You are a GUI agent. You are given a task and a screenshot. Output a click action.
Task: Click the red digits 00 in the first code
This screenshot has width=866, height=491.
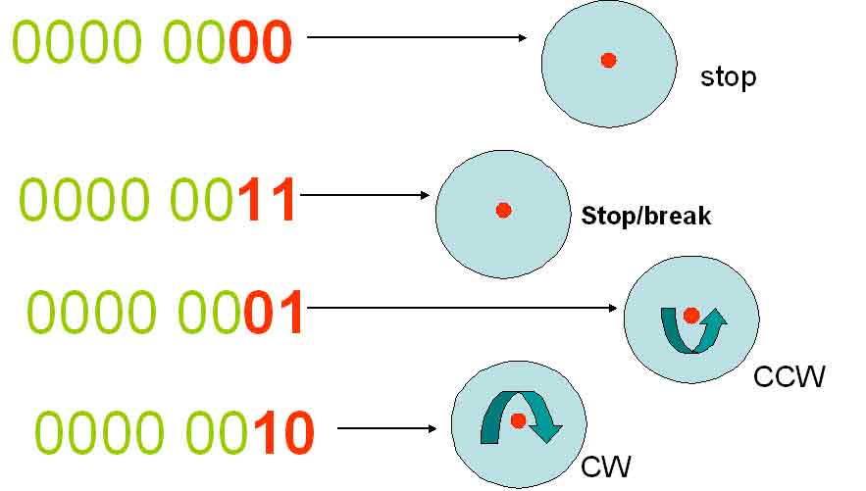pyautogui.click(x=261, y=43)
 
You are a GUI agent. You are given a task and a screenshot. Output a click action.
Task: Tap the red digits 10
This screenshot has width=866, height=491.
pyautogui.click(x=283, y=433)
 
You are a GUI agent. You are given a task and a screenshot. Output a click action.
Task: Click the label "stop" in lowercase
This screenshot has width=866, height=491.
pyautogui.click(x=728, y=77)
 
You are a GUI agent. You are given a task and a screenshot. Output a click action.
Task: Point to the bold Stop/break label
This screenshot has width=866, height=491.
pyautogui.click(x=645, y=216)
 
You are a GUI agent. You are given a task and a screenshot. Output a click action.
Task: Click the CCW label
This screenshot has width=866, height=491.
pyautogui.click(x=789, y=375)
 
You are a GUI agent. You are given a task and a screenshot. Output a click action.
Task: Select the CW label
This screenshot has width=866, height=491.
pyautogui.click(x=606, y=466)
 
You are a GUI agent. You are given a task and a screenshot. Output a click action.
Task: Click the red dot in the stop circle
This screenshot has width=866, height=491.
pyautogui.click(x=608, y=61)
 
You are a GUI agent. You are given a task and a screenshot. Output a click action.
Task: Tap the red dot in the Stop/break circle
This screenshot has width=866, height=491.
pyautogui.click(x=503, y=210)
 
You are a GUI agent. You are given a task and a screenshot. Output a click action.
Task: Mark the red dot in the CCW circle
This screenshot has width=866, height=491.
pyautogui.click(x=690, y=316)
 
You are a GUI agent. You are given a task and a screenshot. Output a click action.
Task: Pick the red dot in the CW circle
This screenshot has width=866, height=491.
pyautogui.click(x=518, y=420)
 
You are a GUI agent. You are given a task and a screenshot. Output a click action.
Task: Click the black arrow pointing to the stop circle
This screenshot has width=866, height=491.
pyautogui.click(x=418, y=38)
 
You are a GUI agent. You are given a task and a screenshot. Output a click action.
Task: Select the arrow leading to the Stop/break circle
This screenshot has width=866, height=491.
pyautogui.click(x=365, y=195)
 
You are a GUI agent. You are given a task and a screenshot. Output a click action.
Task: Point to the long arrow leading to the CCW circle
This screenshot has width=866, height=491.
pyautogui.click(x=461, y=308)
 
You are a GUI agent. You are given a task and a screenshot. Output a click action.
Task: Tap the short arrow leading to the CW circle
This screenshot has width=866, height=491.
pyautogui.click(x=386, y=428)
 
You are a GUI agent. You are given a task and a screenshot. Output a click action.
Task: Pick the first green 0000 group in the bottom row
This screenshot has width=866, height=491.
pyautogui.click(x=101, y=433)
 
